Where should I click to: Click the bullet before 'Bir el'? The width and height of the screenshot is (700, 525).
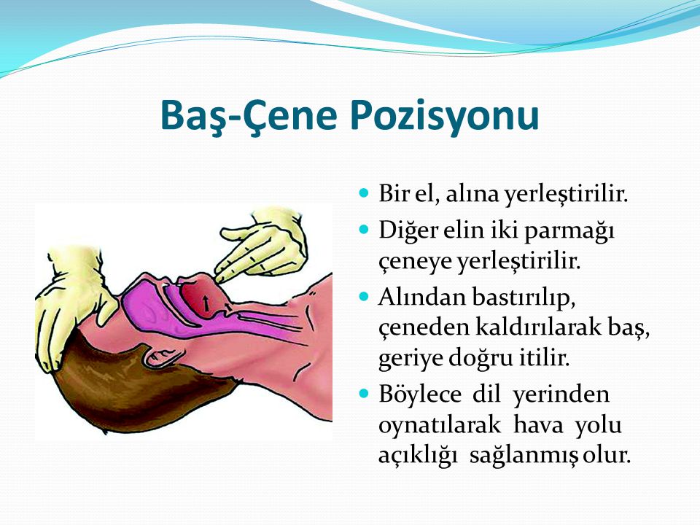pyautogui.click(x=365, y=194)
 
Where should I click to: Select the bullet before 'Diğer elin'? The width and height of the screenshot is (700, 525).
pyautogui.click(x=365, y=230)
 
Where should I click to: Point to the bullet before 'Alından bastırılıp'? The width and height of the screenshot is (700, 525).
pyautogui.click(x=365, y=297)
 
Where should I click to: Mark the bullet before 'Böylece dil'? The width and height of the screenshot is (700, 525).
pyautogui.click(x=365, y=394)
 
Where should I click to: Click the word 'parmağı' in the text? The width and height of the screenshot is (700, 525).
pyautogui.click(x=569, y=232)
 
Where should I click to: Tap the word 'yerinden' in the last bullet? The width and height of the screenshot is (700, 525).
pyautogui.click(x=561, y=395)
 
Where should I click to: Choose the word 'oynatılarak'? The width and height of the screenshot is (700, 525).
pyautogui.click(x=439, y=425)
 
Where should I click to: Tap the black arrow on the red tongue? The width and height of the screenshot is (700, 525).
pyautogui.click(x=206, y=303)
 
